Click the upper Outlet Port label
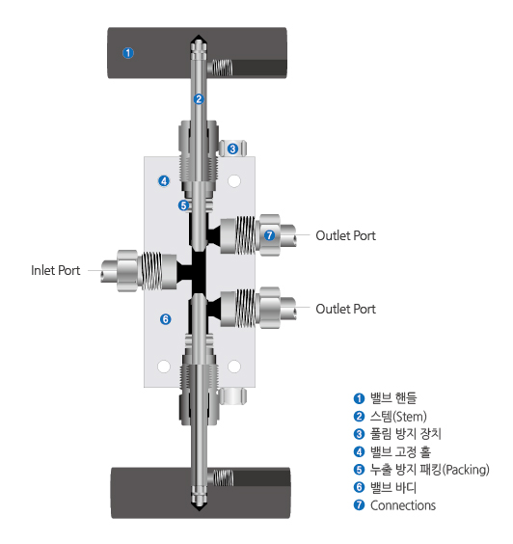pos(345,235)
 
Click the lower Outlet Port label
pos(345,309)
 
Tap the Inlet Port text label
pos(55,271)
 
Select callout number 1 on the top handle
pos(128,52)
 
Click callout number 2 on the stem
pos(199,98)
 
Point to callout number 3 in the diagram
pos(232,148)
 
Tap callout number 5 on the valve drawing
pos(182,204)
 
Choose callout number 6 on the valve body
pos(165,318)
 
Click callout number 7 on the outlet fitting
pos(269,235)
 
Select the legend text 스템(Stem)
pos(397,416)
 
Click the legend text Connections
pos(402,505)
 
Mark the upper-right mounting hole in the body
pos(232,179)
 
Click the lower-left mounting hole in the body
pos(164,366)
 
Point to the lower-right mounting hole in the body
pos(232,366)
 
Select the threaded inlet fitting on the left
pos(145,271)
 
